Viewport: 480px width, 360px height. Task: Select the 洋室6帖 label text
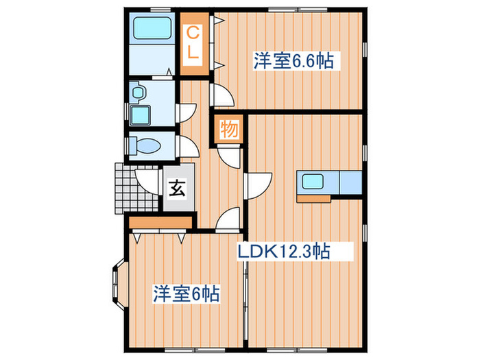pos(186,295)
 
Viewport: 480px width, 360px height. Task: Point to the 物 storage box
pos(229,129)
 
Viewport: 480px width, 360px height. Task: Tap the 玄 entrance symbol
pos(177,187)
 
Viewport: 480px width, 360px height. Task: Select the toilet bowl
pos(145,146)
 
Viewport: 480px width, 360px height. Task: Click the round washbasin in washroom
pos(138,91)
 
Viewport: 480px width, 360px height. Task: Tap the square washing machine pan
pos(142,115)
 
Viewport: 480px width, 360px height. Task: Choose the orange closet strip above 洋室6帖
pos(159,224)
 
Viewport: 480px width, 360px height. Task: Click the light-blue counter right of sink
pos(350,183)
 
